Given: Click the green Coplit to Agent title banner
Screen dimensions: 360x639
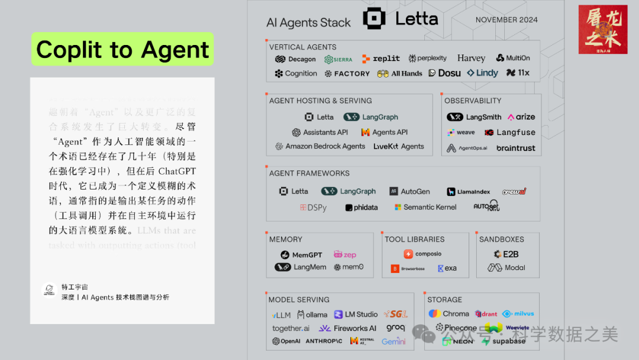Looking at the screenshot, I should tap(122, 50).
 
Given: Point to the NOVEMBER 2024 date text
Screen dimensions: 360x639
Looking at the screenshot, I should tap(506, 20).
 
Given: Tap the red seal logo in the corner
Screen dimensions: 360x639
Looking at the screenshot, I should tap(602, 30).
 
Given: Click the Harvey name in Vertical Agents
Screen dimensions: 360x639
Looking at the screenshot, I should tap(471, 58).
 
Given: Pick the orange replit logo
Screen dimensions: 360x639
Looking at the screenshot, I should tap(381, 59).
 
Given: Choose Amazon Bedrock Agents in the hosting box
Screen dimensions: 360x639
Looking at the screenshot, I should tap(320, 146).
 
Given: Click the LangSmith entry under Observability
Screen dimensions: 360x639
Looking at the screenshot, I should tap(474, 117).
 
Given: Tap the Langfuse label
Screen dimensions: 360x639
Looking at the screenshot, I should tap(509, 133).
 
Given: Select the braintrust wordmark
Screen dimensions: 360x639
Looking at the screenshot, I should tap(515, 148).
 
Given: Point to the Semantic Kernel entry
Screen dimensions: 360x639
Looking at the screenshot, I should tap(425, 207).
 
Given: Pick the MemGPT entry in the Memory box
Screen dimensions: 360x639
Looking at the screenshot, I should tap(301, 255).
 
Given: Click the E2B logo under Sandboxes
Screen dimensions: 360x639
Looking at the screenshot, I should tap(506, 254).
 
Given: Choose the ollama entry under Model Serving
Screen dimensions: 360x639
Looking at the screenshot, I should tap(312, 314).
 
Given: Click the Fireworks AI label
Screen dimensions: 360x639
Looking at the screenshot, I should tap(347, 328).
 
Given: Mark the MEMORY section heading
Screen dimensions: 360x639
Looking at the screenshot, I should tap(286, 239).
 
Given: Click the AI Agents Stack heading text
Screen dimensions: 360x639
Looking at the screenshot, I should tap(308, 22).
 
